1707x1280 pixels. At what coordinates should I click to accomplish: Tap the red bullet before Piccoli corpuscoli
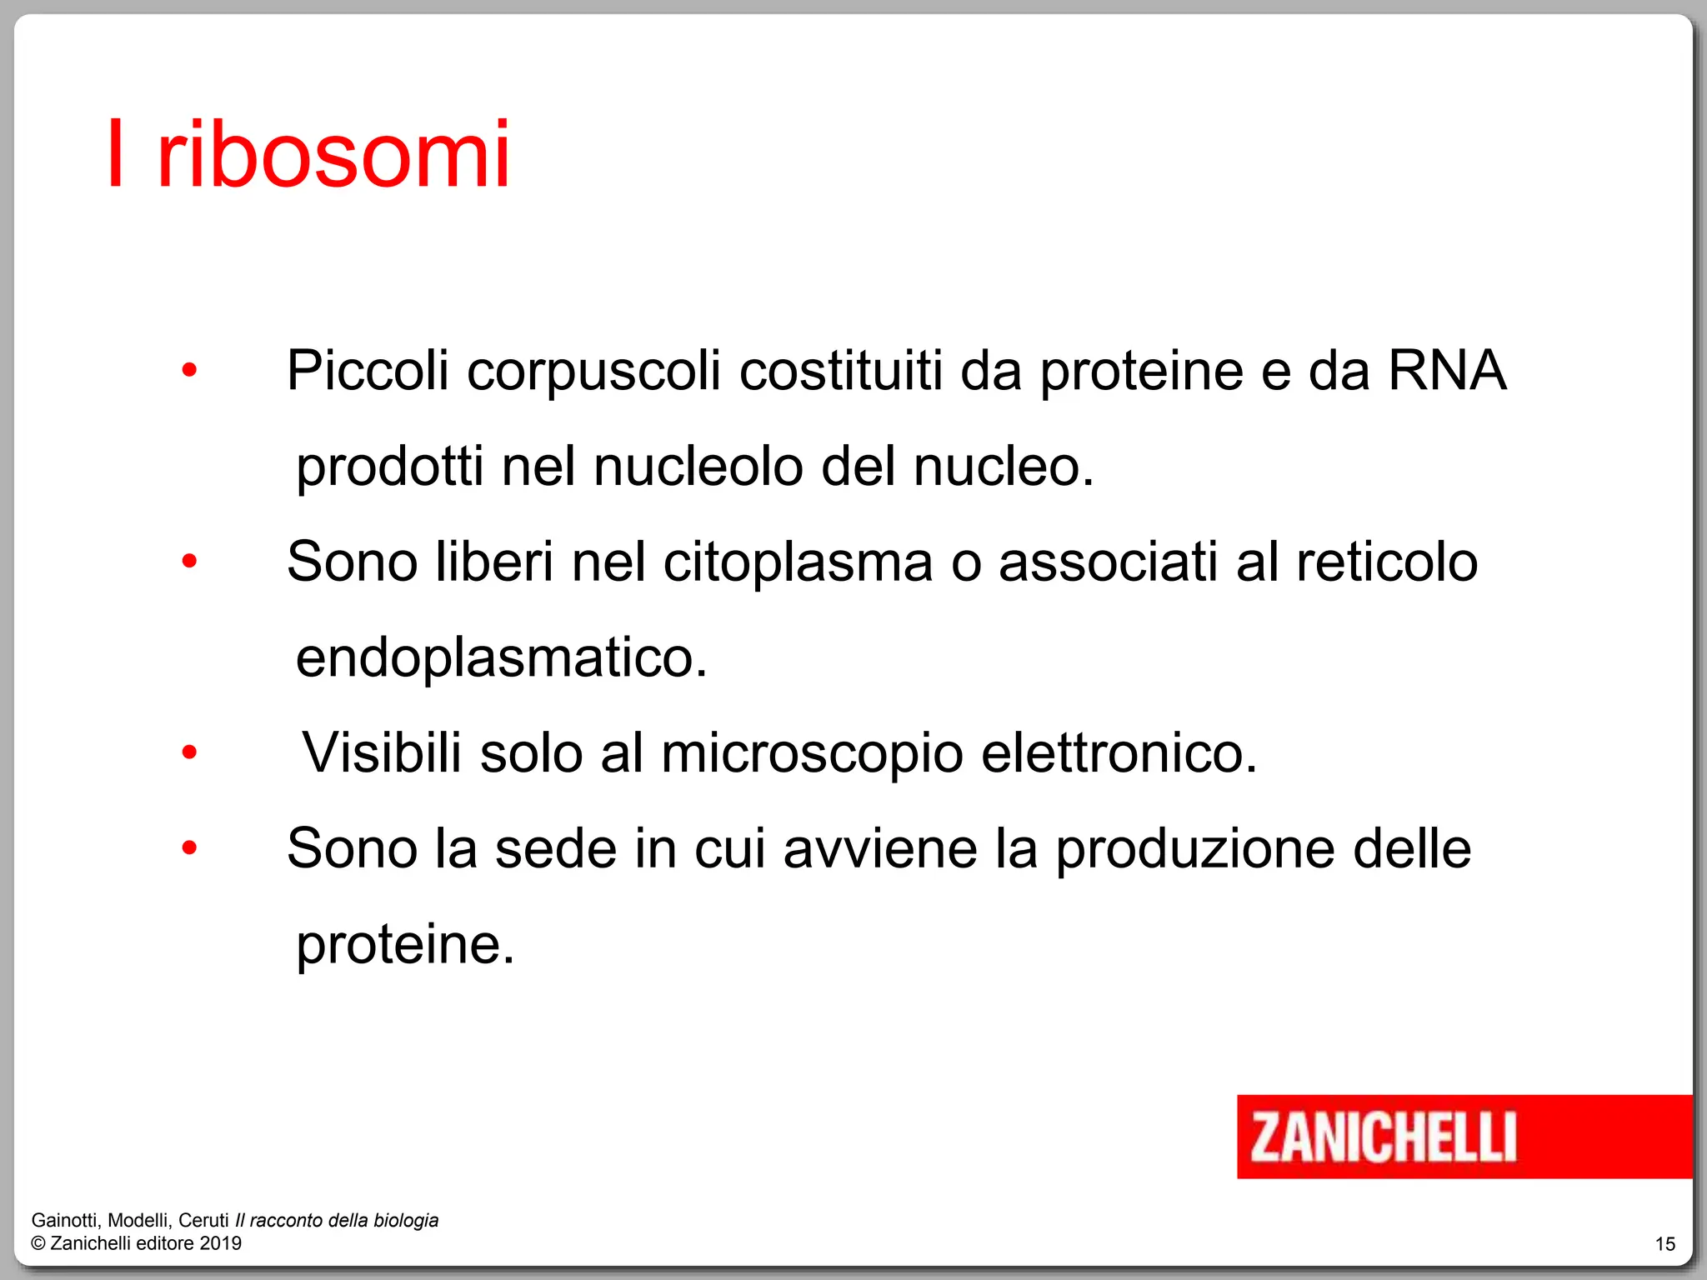(189, 369)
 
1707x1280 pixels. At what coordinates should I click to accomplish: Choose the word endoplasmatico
(501, 658)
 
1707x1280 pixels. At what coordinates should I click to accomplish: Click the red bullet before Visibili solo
(189, 752)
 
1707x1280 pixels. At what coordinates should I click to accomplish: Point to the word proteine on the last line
(405, 945)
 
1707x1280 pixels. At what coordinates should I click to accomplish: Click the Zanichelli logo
(1384, 1137)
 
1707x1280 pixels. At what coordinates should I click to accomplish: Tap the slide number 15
(1664, 1244)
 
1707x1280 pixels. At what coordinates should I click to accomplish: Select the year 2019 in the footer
(221, 1243)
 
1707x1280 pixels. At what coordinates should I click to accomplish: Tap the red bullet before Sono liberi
(189, 561)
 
